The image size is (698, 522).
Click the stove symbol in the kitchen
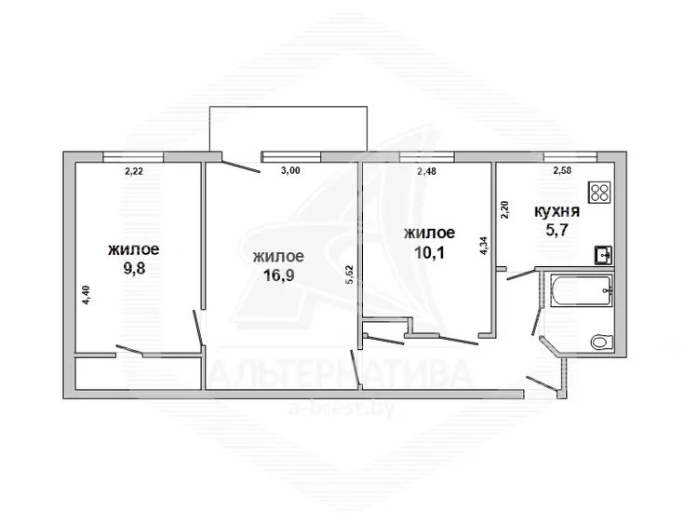599,193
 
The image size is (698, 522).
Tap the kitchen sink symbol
603,256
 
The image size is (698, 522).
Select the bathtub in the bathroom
582,291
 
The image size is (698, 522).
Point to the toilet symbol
601,342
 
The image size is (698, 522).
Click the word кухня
557,211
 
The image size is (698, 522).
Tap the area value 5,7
557,231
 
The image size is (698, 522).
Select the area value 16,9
278,275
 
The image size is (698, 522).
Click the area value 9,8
133,268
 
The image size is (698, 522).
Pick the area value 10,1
430,252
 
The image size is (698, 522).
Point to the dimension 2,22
134,171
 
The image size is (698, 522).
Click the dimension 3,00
290,170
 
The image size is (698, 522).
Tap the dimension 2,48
426,171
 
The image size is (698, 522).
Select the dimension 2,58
562,170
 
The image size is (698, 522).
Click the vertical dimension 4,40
87,295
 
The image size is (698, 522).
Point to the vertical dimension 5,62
349,274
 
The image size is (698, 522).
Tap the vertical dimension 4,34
484,246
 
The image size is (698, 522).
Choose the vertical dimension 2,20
504,209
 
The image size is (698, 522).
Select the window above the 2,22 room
133,156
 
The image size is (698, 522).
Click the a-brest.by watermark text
342,408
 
